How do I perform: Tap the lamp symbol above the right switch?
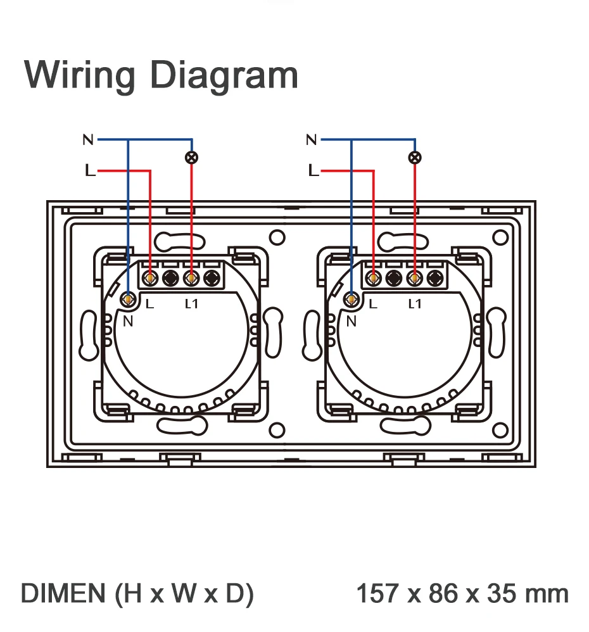click(415, 157)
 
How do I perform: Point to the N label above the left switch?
click(88, 139)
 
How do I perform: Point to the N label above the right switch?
click(311, 139)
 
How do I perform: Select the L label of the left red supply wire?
click(90, 170)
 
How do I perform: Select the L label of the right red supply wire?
click(313, 170)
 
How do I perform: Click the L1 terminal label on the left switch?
click(191, 304)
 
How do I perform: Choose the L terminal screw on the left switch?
click(150, 277)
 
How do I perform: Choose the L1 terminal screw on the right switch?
click(414, 277)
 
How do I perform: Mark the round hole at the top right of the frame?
click(501, 238)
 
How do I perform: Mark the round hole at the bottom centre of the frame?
click(277, 431)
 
